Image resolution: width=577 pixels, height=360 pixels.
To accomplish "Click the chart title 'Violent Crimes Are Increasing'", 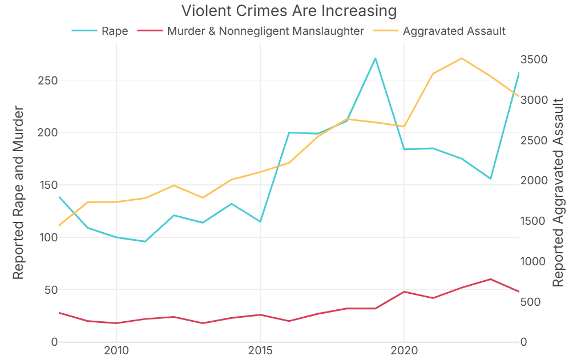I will click(x=288, y=11).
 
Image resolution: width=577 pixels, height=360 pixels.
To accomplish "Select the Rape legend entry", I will click(x=114, y=31).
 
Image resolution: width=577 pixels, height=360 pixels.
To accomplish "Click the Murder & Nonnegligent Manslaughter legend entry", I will click(x=265, y=31).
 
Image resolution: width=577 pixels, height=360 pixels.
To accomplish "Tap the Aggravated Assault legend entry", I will click(x=454, y=31).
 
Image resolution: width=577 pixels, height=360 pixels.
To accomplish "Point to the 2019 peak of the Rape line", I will click(x=375, y=58).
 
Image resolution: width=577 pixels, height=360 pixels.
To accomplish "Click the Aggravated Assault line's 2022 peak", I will click(x=462, y=58).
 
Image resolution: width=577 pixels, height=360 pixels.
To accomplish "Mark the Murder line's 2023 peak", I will click(x=490, y=279).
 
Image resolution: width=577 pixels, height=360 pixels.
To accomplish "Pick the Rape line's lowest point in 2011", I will click(x=145, y=241).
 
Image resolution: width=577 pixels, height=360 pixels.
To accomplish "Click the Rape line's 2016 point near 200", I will click(x=289, y=132).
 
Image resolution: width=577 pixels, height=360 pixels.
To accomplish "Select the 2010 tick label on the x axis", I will click(x=116, y=350).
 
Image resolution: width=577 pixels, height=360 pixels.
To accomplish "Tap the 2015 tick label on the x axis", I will click(x=260, y=350).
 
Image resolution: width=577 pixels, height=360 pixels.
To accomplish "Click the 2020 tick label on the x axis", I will click(x=404, y=350).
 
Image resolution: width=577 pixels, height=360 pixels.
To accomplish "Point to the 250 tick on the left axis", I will click(x=47, y=80).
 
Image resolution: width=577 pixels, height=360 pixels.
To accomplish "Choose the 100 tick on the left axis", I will click(x=47, y=237).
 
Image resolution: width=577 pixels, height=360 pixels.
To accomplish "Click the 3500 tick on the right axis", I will click(x=535, y=60).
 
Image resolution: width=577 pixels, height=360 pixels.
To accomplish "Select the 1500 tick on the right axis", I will click(x=535, y=221).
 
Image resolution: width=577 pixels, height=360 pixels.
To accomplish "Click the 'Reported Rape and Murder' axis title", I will click(x=18, y=192).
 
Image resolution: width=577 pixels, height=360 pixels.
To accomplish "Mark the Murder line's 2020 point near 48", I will click(x=404, y=292).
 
